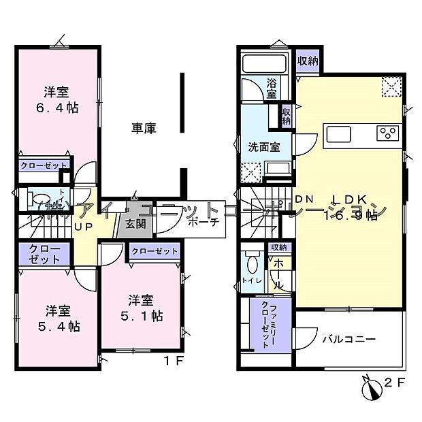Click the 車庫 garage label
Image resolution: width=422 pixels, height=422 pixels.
coord(144,127)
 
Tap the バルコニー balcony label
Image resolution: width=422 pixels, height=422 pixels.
coord(348,338)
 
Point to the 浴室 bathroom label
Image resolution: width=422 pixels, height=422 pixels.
coord(272,89)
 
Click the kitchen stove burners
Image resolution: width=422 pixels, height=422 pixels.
coord(389,133)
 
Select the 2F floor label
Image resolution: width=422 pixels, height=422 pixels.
coord(395,382)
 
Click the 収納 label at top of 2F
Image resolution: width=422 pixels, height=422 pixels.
coord(307,60)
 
